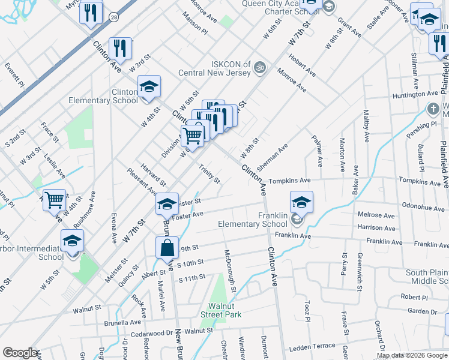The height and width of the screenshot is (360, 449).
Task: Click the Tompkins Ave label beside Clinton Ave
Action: (x=289, y=180)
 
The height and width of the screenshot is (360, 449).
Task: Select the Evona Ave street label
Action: (x=113, y=226)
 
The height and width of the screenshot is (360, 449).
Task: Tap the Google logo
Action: (x=20, y=353)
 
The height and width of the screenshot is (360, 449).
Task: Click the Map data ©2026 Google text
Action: (x=412, y=355)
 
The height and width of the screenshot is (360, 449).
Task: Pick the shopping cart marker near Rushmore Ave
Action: (x=54, y=199)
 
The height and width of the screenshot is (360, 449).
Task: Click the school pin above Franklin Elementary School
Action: (x=301, y=202)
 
